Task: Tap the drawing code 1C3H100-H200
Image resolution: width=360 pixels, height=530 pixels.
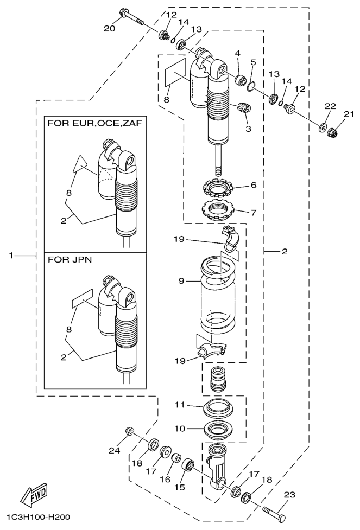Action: [x=39, y=519]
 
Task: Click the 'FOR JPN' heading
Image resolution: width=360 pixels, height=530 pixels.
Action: [x=70, y=259]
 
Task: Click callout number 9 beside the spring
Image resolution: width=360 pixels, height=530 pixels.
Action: [x=182, y=281]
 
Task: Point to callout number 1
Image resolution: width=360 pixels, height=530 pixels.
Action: [x=12, y=254]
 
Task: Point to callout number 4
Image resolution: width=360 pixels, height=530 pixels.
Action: [x=237, y=53]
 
